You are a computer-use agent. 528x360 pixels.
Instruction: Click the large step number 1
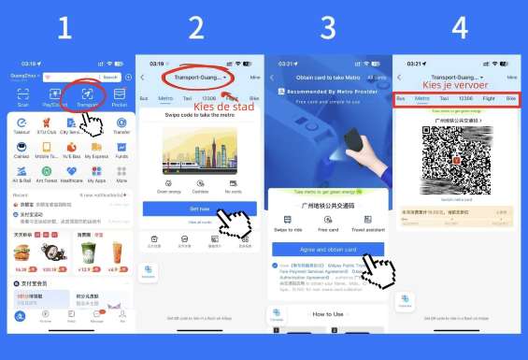pos(64,29)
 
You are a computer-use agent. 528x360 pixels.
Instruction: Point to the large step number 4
pos(459,29)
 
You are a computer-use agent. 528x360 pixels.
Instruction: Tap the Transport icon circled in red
pos(87,94)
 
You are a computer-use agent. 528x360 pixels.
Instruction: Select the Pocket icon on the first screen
pos(120,94)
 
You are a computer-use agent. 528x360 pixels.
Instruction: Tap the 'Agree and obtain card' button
pos(327,250)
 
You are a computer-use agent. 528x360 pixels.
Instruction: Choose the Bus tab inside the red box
pos(401,97)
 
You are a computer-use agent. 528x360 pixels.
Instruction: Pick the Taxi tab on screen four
pos(444,97)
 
